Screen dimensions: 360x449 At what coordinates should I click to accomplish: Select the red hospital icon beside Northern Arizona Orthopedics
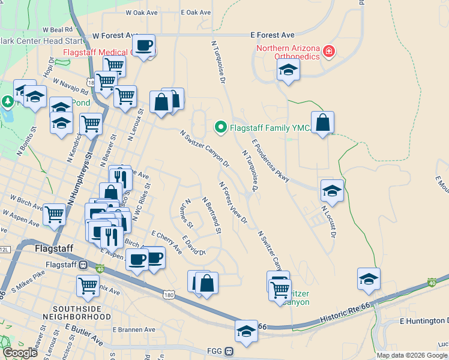pyautogui.click(x=328, y=52)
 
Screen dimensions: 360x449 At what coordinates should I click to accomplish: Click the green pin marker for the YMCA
pyautogui.click(x=220, y=127)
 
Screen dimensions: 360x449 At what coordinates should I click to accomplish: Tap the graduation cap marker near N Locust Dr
pyautogui.click(x=332, y=191)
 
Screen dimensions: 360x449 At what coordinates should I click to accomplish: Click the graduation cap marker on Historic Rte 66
pyautogui.click(x=246, y=332)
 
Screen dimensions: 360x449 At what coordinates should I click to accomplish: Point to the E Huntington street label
pyautogui.click(x=423, y=322)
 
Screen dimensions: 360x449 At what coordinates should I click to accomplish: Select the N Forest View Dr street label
pyautogui.click(x=233, y=203)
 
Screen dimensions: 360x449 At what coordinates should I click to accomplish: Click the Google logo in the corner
pyautogui.click(x=20, y=353)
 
